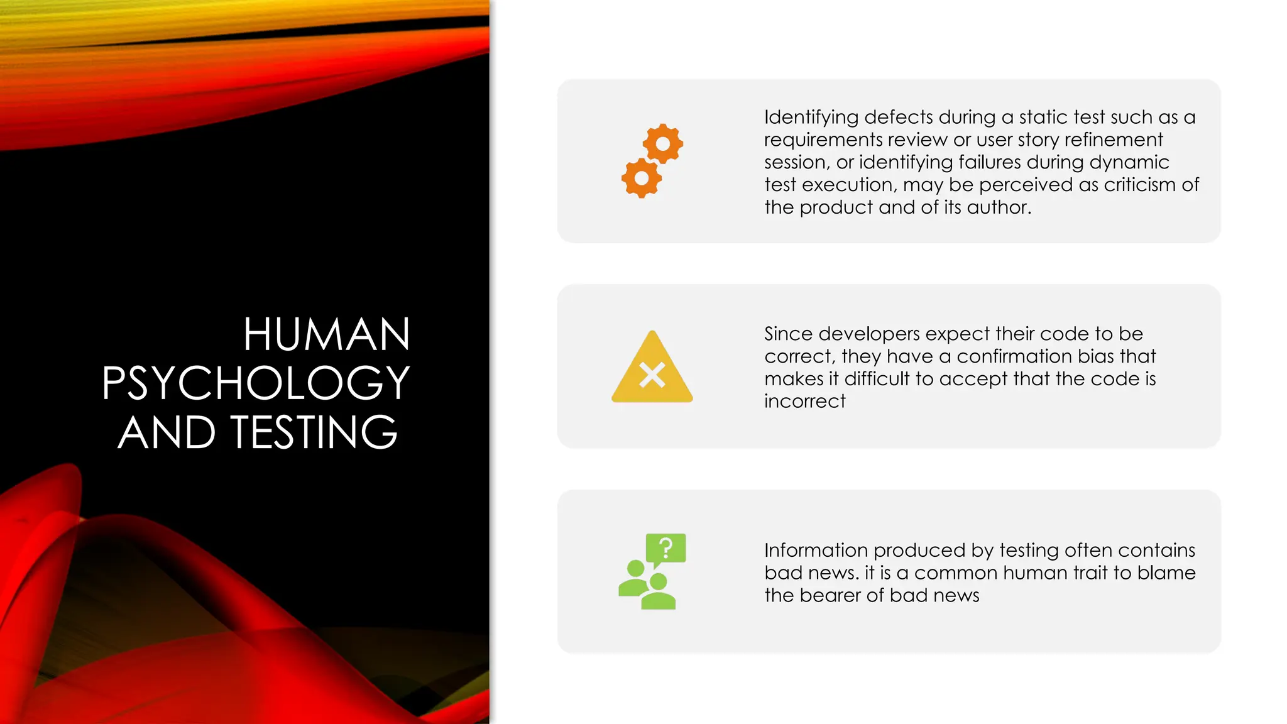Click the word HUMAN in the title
327,334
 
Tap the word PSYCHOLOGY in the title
256,383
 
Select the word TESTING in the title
314,432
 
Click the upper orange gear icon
662,144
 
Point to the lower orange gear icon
642,178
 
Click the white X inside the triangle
652,376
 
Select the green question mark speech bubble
665,548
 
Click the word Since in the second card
788,334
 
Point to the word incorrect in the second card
804,402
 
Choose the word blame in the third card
1166,573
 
